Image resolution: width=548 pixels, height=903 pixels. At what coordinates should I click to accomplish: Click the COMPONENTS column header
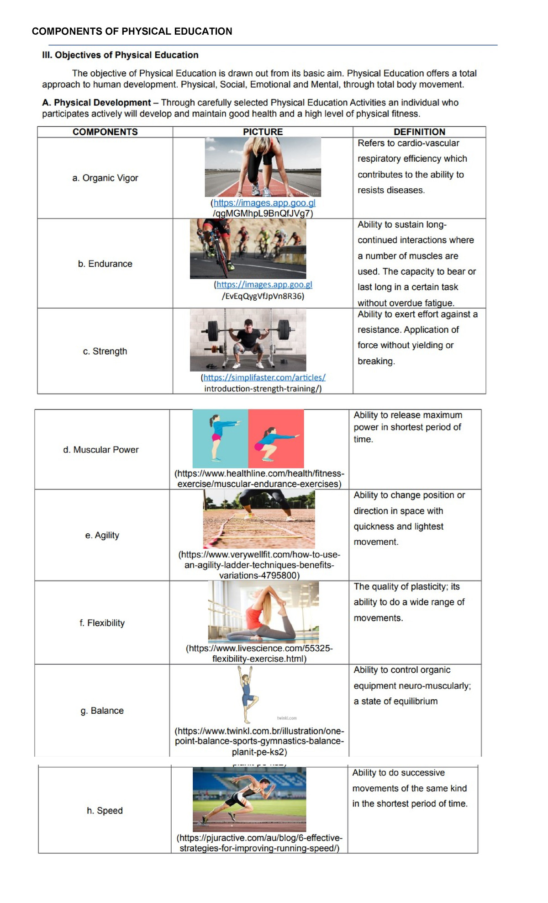tap(105, 132)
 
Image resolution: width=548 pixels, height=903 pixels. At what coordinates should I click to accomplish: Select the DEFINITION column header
tap(419, 132)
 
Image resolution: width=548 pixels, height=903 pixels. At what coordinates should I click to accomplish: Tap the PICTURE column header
tap(263, 132)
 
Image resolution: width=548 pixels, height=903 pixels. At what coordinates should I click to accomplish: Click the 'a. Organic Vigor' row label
tap(105, 178)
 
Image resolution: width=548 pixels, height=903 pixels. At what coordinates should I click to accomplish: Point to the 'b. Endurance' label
tap(105, 264)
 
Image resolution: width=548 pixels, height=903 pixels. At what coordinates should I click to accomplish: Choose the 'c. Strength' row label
tap(105, 351)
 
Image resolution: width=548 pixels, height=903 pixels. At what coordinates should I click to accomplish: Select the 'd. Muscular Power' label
tap(101, 450)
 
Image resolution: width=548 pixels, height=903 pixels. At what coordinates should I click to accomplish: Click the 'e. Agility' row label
tap(102, 536)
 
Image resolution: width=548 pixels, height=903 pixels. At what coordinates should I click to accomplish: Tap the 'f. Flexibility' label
tap(102, 623)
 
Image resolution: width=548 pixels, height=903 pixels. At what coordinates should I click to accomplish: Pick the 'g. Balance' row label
tap(102, 711)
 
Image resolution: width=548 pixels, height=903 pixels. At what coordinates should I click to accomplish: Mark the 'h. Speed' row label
tap(105, 811)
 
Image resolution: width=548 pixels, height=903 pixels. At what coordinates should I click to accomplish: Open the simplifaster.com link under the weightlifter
tap(264, 378)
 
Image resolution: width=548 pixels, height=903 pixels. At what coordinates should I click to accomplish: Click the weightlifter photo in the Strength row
tap(248, 340)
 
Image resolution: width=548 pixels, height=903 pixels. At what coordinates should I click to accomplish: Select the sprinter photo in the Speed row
tap(249, 799)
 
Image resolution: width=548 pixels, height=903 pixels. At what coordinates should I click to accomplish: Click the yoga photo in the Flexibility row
tap(263, 612)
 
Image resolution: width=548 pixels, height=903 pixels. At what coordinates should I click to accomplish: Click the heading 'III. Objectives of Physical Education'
tap(120, 55)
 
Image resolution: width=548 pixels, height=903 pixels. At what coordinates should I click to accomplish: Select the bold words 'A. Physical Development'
tap(96, 103)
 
